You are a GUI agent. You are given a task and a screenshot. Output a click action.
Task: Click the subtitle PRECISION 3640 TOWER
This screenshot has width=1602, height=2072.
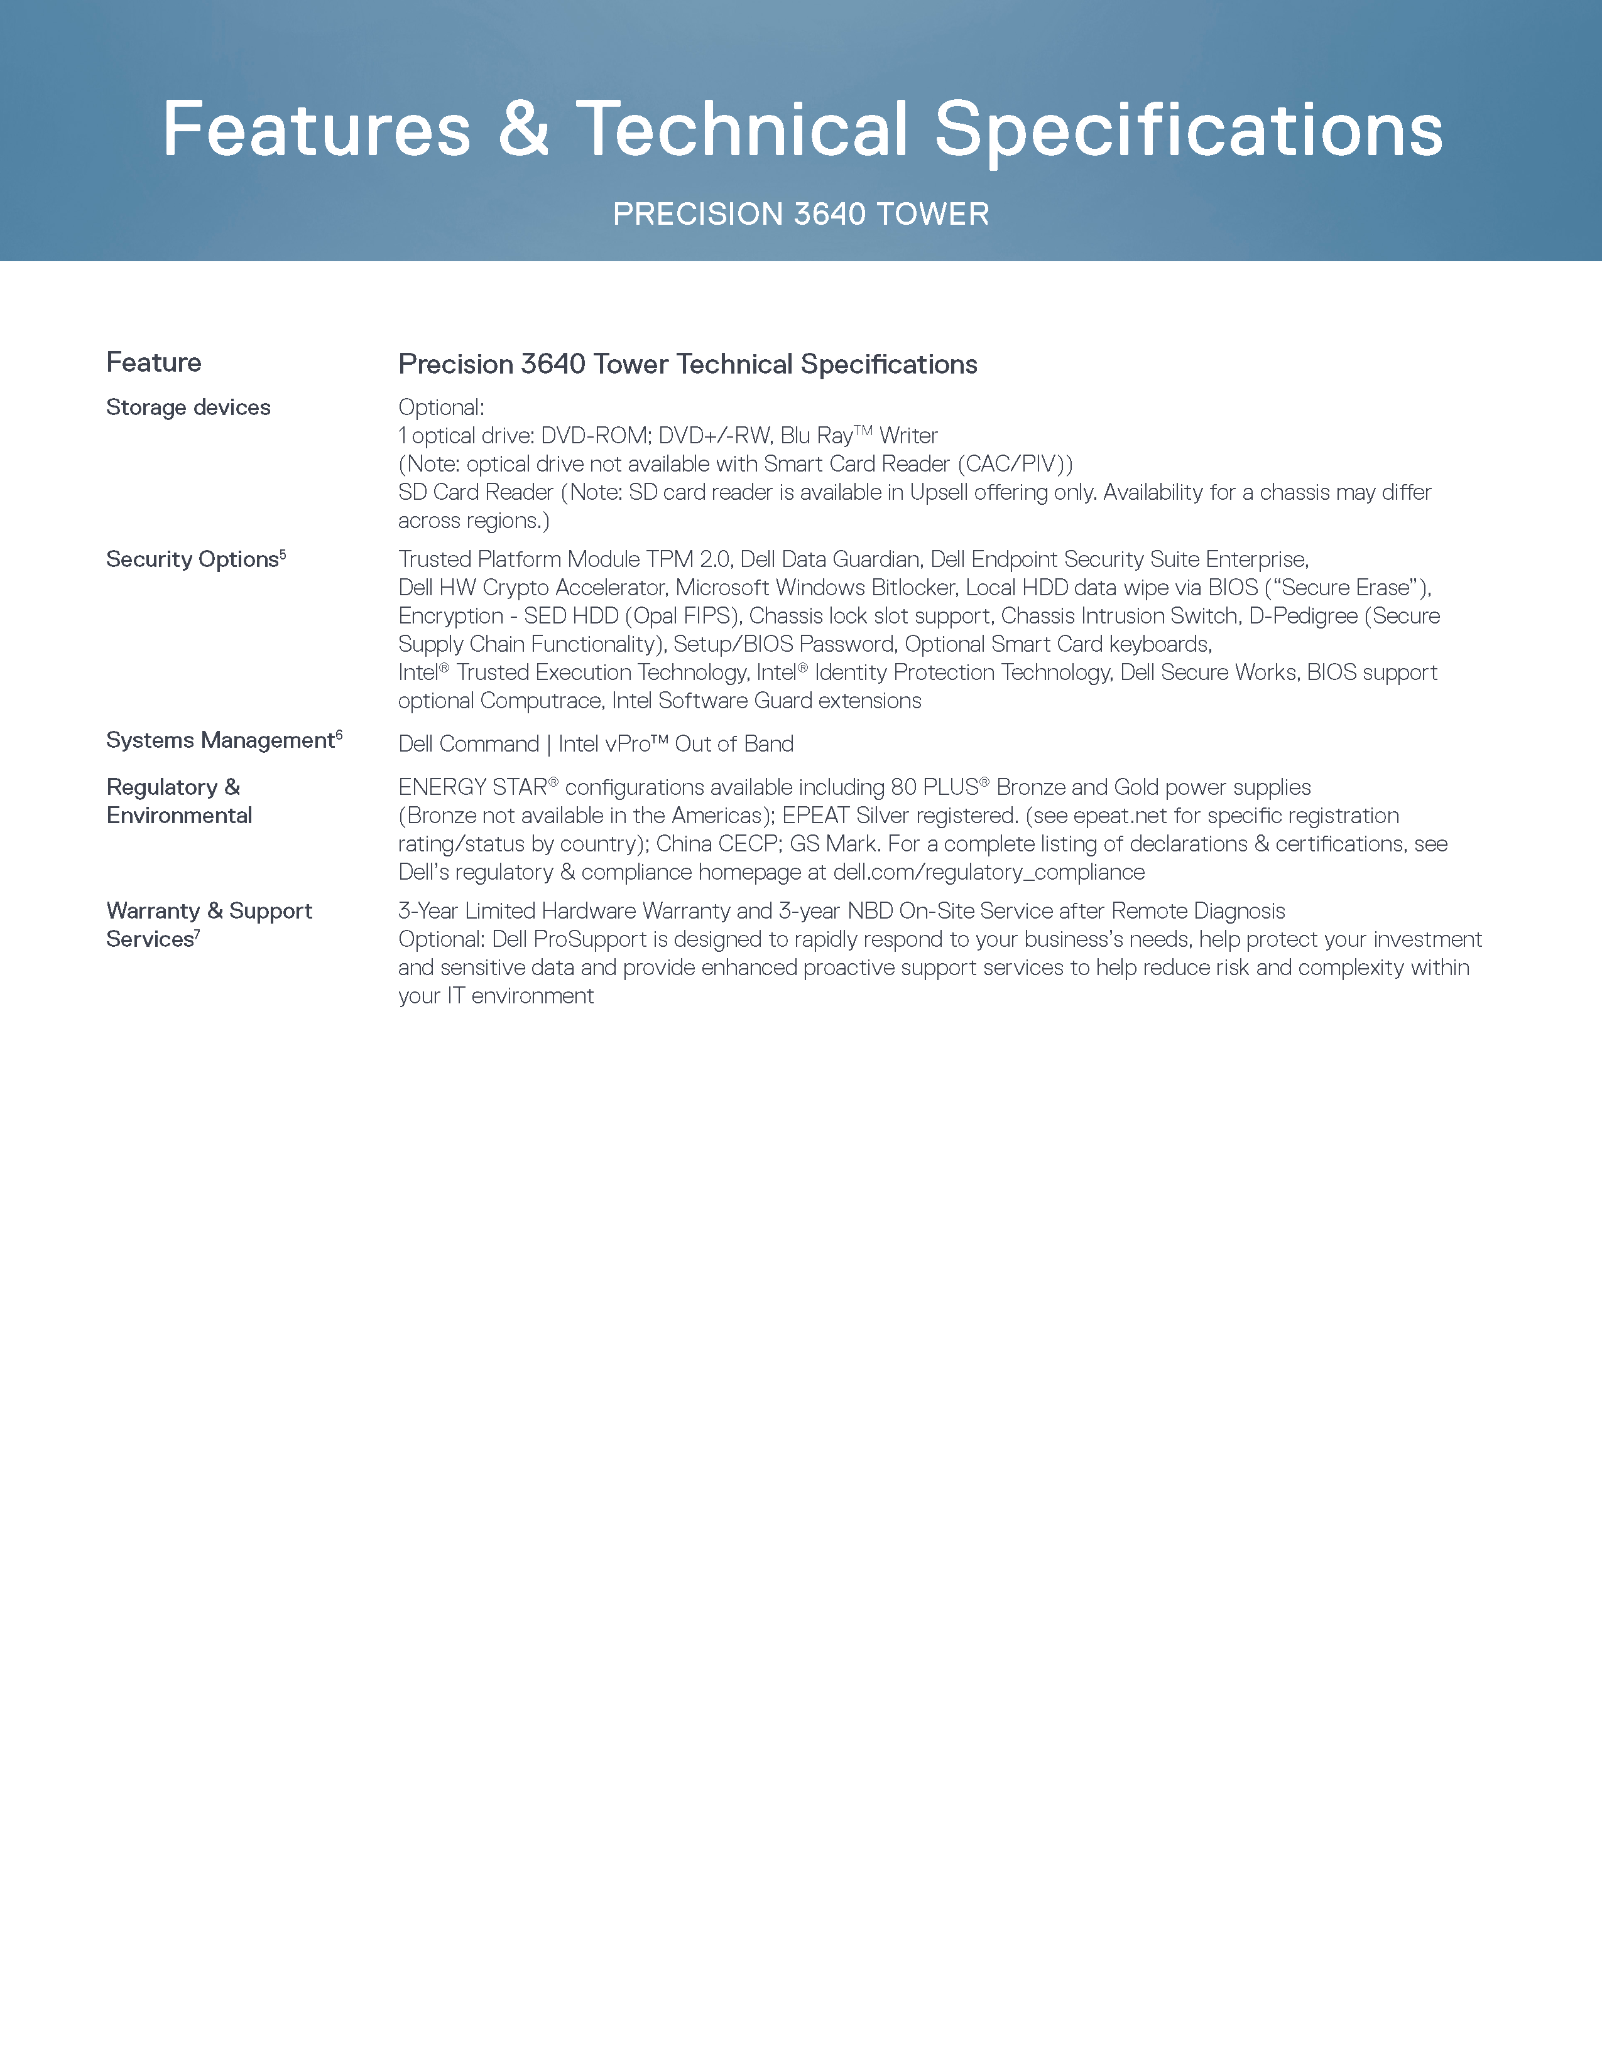(801, 214)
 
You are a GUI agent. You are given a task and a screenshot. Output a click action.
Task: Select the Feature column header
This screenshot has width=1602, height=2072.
(154, 362)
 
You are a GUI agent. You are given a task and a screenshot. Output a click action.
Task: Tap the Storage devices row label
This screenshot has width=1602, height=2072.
(188, 408)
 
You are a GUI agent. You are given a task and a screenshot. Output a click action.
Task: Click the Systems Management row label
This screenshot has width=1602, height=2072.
(220, 741)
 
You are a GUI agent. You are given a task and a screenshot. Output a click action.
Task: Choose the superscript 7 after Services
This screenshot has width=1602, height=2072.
(197, 934)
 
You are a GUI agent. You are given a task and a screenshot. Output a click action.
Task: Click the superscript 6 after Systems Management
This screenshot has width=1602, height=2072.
(339, 735)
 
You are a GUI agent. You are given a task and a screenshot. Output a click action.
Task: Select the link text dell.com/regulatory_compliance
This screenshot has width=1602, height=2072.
(989, 873)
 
